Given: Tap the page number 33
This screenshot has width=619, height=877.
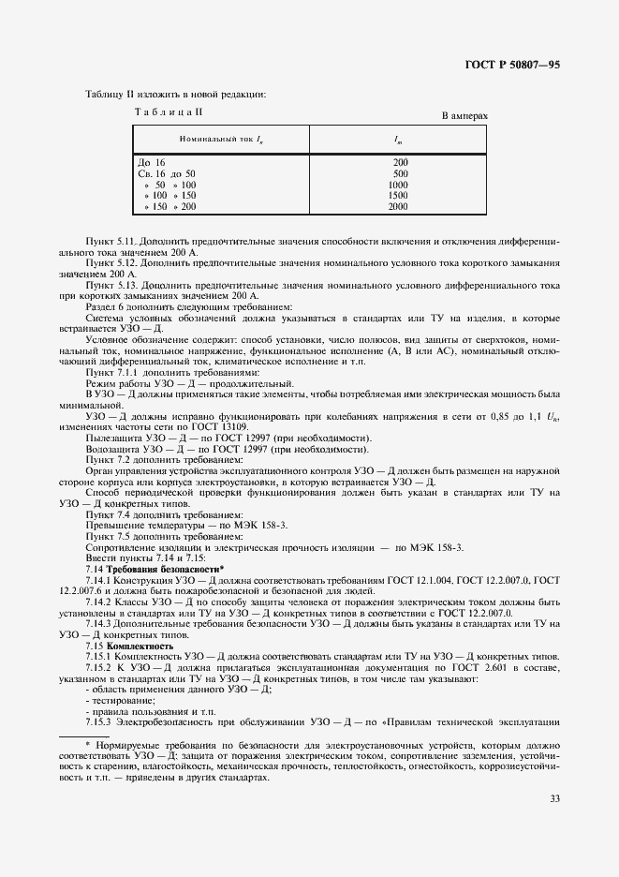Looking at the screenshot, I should pos(555,798).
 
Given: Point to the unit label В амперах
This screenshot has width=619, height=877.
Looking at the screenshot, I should pos(465,116).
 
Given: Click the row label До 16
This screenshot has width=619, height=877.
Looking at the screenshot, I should pos(152,162).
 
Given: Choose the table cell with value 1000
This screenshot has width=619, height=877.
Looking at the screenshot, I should pos(398,185).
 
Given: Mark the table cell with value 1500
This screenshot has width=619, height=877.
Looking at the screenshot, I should pos(398,195).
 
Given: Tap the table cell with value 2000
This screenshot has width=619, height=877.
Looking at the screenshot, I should pos(398,206).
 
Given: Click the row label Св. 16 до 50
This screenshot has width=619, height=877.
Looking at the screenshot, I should pos(167,173).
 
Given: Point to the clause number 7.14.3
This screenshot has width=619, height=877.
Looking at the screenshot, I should pos(101,623).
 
